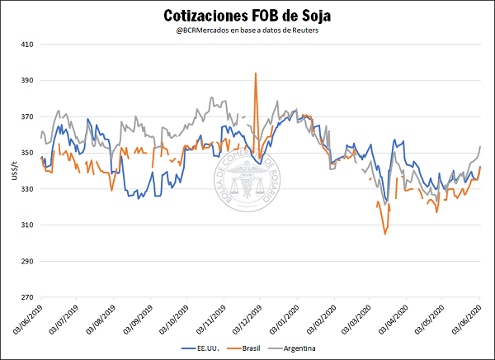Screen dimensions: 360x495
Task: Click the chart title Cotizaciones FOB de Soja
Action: [247, 16]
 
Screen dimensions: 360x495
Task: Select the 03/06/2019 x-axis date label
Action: [30, 319]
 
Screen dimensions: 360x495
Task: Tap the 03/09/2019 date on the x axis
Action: [140, 319]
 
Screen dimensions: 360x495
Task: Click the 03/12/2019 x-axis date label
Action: [250, 319]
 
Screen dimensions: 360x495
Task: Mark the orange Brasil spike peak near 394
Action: [256, 73]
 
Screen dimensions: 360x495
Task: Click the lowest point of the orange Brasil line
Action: [385, 234]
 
